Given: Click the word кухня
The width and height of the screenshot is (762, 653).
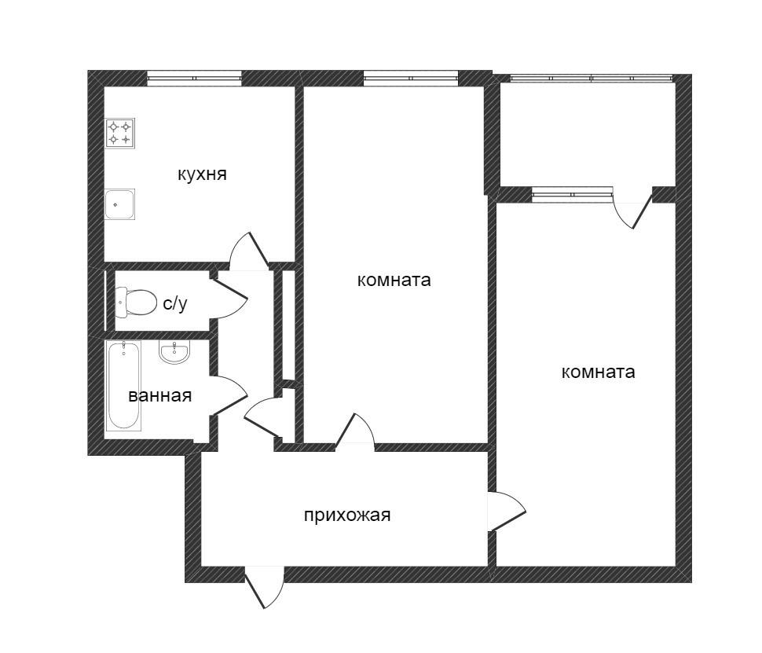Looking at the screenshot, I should click(202, 174).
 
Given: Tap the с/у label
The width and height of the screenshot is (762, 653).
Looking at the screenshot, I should click(175, 303).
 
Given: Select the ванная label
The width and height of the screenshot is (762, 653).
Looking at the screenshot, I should click(160, 395).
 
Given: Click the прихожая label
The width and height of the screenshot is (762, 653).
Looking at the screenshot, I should click(347, 515).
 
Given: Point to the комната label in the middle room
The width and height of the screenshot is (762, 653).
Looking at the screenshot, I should click(394, 280).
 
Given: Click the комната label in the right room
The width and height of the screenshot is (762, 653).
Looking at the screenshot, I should click(598, 372).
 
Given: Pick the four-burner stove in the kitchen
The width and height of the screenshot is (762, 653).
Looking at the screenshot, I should click(120, 133).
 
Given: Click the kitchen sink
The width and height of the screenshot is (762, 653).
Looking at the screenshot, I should click(120, 204).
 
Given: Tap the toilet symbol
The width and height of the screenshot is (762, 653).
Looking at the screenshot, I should click(137, 301).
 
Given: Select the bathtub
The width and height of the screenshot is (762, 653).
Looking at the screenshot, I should click(124, 386).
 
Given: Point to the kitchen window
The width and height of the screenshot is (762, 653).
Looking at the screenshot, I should click(194, 78).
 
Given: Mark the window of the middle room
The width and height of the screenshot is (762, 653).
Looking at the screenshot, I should click(410, 78).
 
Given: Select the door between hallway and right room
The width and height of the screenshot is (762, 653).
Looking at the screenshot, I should click(505, 512).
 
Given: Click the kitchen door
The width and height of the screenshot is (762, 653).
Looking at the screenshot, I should click(248, 251).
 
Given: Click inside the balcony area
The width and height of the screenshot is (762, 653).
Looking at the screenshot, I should click(588, 134).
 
